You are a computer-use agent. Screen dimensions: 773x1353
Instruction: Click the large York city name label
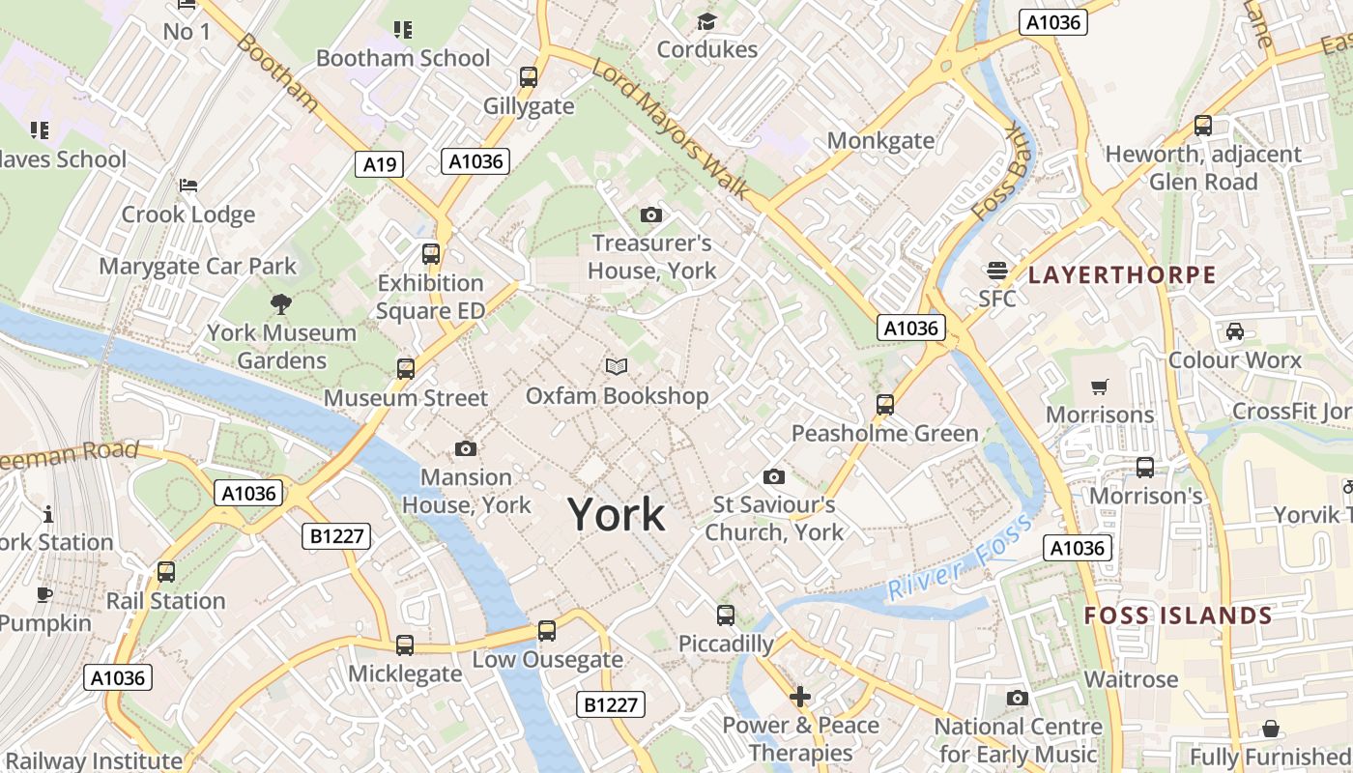coord(616,514)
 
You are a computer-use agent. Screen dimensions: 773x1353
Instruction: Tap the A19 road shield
coord(379,164)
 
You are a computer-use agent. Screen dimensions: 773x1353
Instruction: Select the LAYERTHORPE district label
coord(1122,275)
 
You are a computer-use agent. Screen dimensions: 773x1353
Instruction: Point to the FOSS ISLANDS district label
coord(1178,616)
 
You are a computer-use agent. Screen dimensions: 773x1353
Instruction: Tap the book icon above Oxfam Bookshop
coord(617,366)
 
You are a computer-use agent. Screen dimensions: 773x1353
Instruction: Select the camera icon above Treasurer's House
coord(651,215)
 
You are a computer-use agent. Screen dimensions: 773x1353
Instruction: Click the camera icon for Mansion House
coord(466,448)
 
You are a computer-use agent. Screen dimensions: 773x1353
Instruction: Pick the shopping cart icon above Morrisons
coord(1099,387)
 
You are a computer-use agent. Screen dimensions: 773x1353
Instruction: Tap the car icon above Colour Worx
coord(1234,331)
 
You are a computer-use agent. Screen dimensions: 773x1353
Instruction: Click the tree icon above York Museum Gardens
coord(281,304)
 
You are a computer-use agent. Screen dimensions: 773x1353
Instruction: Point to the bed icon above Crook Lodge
coord(188,185)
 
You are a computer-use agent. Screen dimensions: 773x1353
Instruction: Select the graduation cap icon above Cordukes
coord(707,21)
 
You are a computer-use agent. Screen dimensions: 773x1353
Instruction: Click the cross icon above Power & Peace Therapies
coord(800,696)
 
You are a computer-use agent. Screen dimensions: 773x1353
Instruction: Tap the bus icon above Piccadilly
coord(726,615)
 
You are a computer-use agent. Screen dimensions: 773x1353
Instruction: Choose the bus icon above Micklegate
coord(405,644)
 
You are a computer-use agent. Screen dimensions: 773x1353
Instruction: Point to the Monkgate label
coord(880,141)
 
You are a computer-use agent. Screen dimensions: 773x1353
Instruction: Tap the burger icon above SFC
coord(996,270)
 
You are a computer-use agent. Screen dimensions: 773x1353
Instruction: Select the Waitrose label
coord(1131,679)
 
